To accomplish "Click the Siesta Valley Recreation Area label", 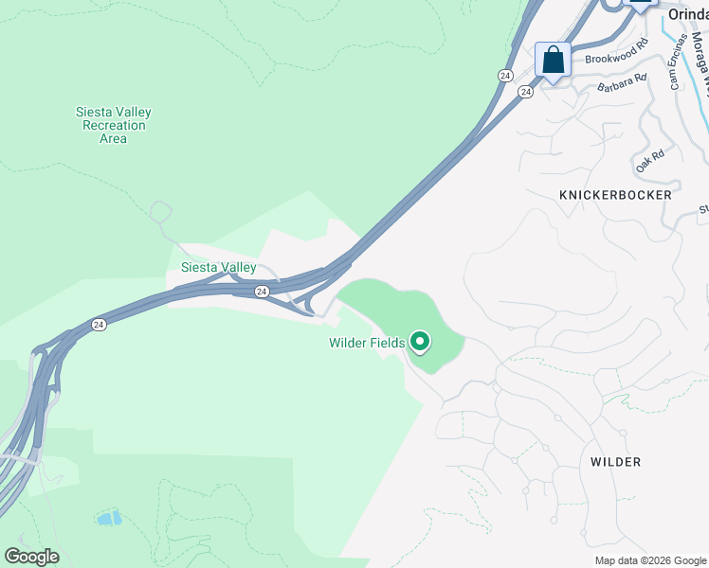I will [113, 125].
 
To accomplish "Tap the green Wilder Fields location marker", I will [419, 341].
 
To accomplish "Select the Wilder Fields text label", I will [367, 343].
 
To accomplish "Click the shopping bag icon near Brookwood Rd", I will [553, 62].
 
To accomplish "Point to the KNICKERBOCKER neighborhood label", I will [615, 195].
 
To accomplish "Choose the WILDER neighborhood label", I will [615, 462].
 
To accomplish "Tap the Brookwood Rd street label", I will [615, 58].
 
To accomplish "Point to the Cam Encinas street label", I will [677, 62].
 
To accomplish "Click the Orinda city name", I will [687, 14].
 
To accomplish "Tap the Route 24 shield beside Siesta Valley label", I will [263, 292].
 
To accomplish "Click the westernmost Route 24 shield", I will [99, 325].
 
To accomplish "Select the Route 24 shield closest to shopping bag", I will [525, 92].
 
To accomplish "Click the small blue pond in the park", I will [109, 518].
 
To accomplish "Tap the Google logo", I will [31, 557].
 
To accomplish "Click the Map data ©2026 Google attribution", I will [650, 560].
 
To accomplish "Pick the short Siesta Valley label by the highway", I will [219, 268].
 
